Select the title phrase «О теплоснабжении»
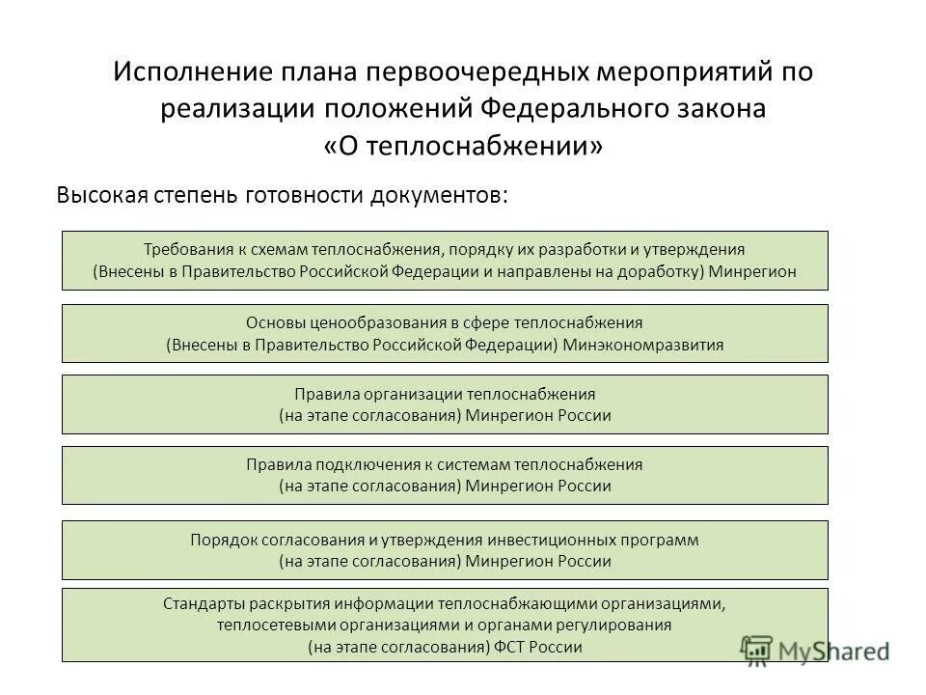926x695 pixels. click(x=463, y=146)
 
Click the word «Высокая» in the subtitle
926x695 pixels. click(x=100, y=194)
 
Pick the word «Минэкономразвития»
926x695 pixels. click(x=642, y=345)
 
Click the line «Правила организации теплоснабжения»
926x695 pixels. click(x=445, y=394)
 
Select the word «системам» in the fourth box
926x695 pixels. click(x=467, y=464)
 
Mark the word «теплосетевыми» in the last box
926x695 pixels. click(x=271, y=625)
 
